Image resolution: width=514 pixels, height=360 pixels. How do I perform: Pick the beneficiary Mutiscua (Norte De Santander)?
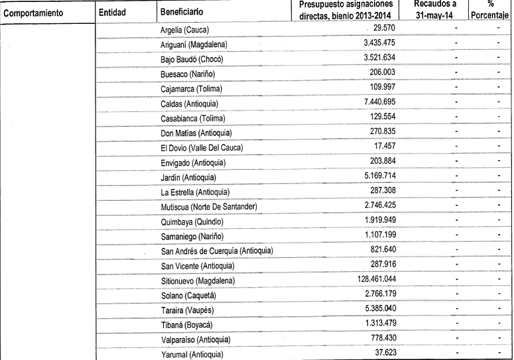click(x=209, y=208)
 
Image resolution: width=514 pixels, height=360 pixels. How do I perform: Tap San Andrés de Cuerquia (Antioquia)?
click(x=217, y=251)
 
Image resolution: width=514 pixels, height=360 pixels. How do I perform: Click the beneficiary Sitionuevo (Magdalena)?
click(x=198, y=281)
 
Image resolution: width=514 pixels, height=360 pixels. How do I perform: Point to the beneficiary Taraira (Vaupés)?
click(x=188, y=310)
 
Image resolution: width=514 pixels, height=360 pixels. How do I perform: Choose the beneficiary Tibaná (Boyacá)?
click(x=186, y=325)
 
